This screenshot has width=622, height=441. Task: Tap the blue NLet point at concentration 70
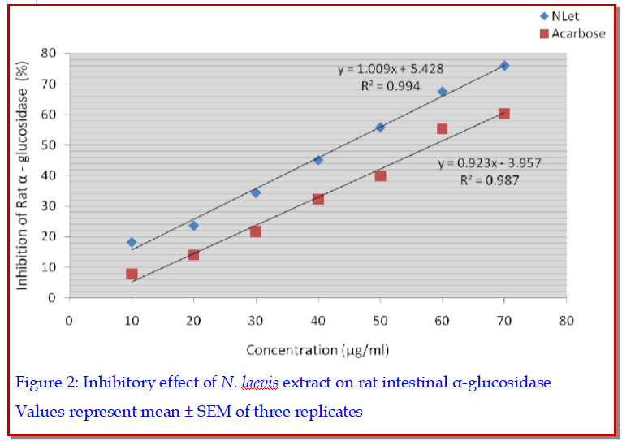pyautogui.click(x=504, y=65)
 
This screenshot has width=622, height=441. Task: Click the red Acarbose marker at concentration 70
pyautogui.click(x=504, y=114)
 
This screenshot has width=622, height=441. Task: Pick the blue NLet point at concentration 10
pyautogui.click(x=132, y=242)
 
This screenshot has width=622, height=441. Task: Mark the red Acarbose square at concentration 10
pyautogui.click(x=132, y=274)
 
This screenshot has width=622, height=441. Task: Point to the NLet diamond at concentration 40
pyautogui.click(x=317, y=160)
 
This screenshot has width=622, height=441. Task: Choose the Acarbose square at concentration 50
pyautogui.click(x=380, y=175)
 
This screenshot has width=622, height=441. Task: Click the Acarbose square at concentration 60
pyautogui.click(x=442, y=128)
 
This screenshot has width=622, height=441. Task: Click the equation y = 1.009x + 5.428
pyautogui.click(x=390, y=69)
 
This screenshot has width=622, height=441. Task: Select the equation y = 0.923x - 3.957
pyautogui.click(x=490, y=162)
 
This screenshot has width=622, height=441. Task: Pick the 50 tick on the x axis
pyautogui.click(x=380, y=320)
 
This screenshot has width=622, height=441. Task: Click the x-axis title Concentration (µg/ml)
pyautogui.click(x=317, y=350)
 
